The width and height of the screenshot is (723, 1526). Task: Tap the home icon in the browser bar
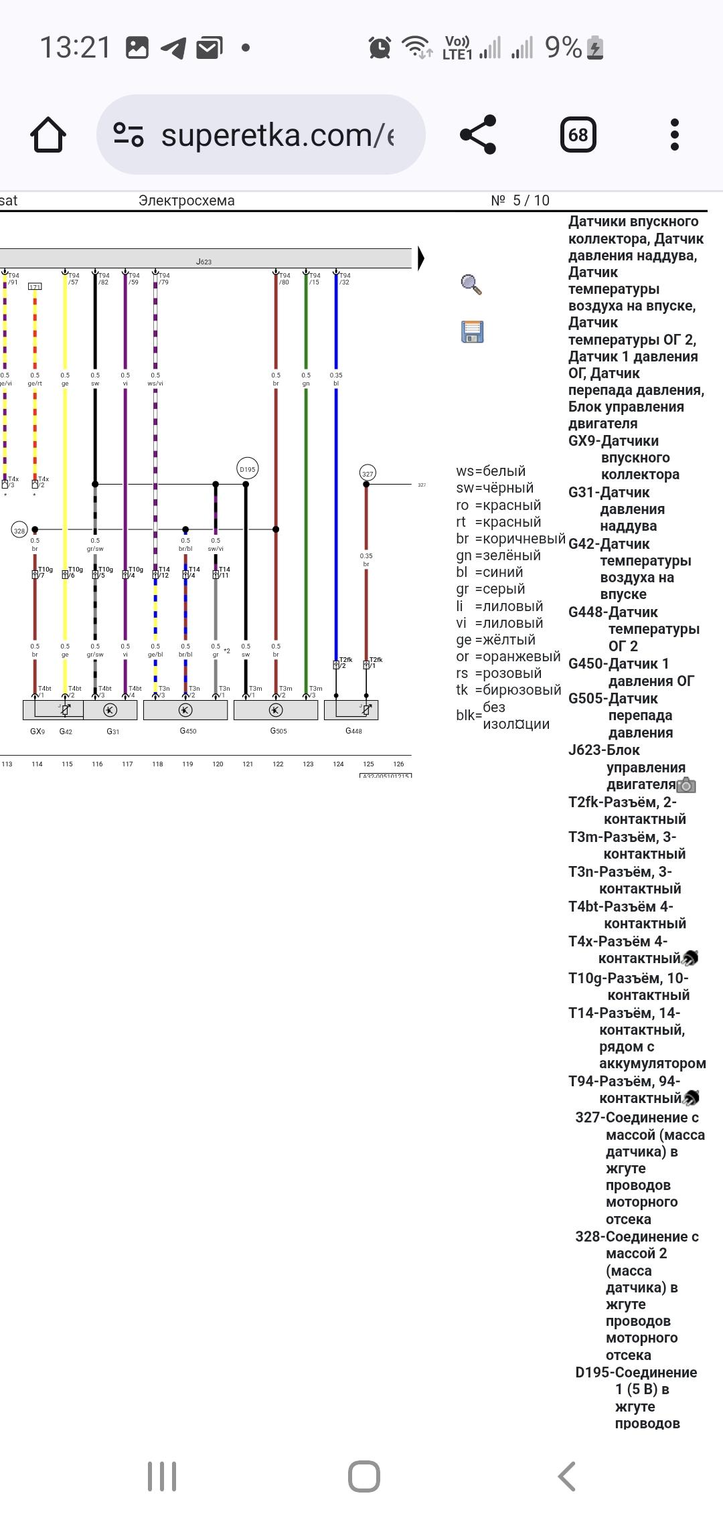tap(48, 135)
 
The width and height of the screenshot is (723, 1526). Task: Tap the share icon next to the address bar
tap(478, 135)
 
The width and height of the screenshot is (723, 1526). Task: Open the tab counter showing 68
tap(578, 135)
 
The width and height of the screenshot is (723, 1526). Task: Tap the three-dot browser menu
tap(674, 135)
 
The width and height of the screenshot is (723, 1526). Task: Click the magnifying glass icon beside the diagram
tap(471, 284)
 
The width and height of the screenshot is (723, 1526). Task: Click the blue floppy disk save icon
tap(472, 332)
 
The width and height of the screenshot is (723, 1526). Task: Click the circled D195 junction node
tap(247, 469)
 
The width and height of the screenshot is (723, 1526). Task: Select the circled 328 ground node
tap(19, 531)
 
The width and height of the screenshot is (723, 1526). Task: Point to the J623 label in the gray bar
tap(204, 262)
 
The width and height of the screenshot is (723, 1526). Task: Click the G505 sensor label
tap(278, 731)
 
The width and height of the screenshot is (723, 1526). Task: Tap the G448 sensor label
tap(353, 731)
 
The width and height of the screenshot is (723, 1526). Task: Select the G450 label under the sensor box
tap(188, 731)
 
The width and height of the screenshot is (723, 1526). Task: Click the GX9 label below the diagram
tap(37, 732)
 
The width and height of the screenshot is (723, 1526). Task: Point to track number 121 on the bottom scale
tap(248, 764)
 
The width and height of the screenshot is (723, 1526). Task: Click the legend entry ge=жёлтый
tap(495, 640)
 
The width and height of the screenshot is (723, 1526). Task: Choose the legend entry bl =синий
tap(489, 572)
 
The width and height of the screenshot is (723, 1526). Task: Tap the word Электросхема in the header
tap(186, 201)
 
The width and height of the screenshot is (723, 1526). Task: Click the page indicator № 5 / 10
tap(519, 201)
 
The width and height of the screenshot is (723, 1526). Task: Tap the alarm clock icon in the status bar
tap(380, 48)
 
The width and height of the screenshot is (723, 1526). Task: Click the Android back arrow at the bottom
tap(566, 1476)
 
